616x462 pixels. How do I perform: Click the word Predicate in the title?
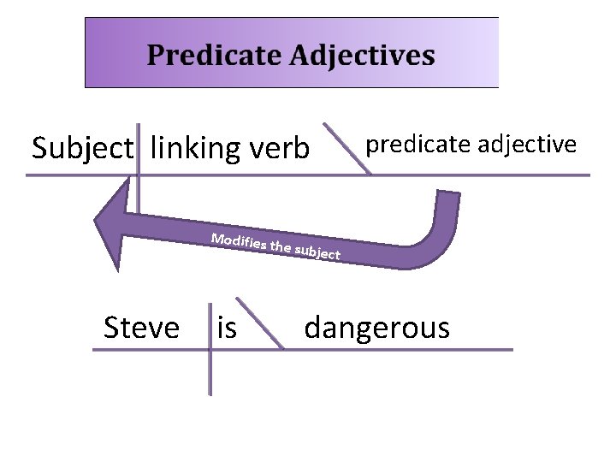click(x=214, y=56)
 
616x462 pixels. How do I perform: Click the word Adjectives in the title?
click(x=362, y=56)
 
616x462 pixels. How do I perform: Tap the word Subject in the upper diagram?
click(x=83, y=149)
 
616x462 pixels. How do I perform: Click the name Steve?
click(x=141, y=327)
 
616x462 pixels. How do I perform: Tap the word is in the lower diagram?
click(x=227, y=327)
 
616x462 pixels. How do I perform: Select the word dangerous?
click(x=376, y=327)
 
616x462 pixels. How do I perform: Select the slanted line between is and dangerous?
click(x=259, y=323)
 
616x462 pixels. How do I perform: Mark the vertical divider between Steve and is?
click(x=210, y=351)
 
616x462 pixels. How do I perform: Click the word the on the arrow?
click(x=280, y=247)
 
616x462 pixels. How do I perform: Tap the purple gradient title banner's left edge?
click(x=86, y=53)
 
